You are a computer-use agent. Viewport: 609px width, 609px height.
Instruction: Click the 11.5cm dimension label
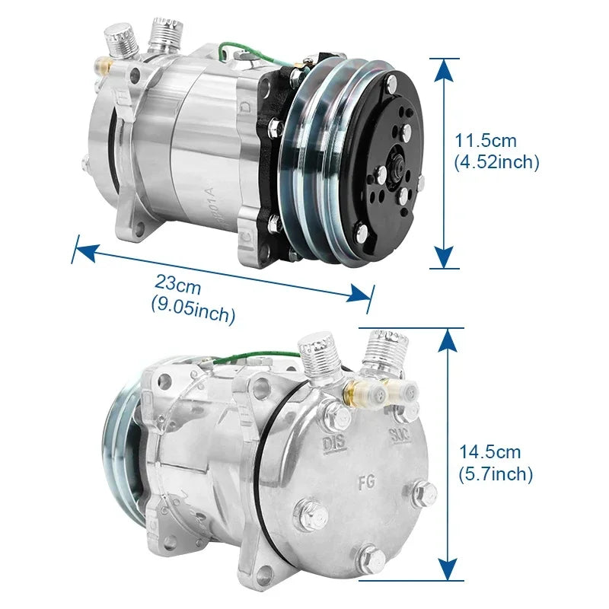click(x=486, y=141)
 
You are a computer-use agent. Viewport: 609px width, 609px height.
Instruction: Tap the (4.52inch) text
click(x=497, y=162)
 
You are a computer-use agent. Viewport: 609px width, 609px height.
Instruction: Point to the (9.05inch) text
click(x=193, y=311)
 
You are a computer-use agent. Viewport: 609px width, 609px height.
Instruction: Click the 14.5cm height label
click(x=489, y=452)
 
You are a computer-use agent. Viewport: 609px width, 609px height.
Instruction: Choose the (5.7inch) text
click(x=496, y=473)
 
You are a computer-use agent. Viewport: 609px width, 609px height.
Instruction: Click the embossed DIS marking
click(x=334, y=444)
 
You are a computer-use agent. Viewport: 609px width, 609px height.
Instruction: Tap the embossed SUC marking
click(x=400, y=435)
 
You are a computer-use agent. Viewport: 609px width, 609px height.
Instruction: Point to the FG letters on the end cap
click(x=366, y=482)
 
